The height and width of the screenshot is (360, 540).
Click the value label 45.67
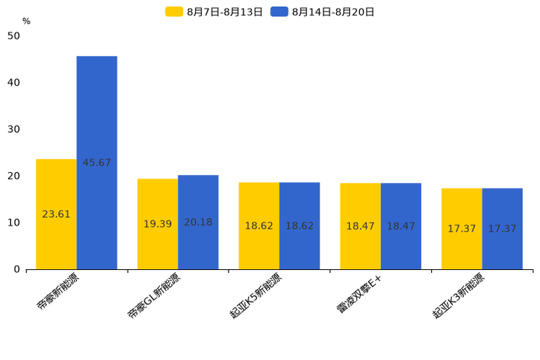coord(97,163)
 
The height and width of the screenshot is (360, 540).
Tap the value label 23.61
coord(56,214)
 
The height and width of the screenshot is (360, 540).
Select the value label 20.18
coord(198,222)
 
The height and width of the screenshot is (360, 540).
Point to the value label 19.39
coord(157,224)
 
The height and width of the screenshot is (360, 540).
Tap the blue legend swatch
coord(279,12)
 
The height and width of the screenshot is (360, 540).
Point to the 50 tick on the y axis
coord(14,36)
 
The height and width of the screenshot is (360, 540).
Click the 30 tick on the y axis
coord(14,129)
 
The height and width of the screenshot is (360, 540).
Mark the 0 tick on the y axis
coord(17,269)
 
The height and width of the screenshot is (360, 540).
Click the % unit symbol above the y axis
coord(26,21)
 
